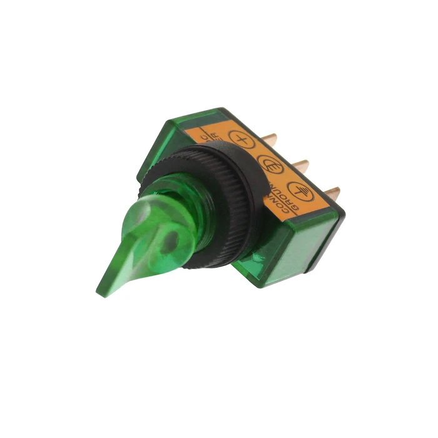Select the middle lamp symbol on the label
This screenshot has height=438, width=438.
[x=270, y=165]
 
